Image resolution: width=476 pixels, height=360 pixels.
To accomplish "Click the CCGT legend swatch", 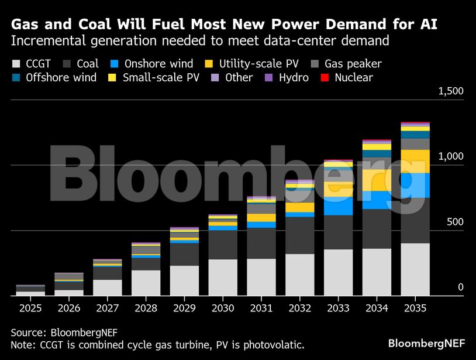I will coord(16,64).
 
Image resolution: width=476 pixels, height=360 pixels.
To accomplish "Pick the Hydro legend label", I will coord(294,78).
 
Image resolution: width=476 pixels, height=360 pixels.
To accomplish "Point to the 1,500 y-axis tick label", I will coord(450,91).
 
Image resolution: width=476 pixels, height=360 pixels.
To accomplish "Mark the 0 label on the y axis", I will coord(460,287).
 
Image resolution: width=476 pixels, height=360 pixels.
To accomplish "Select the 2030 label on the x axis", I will coord(223,307).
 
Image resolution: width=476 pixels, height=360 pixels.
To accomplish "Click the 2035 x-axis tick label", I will coord(415,307).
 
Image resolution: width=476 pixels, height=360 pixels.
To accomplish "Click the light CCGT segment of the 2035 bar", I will coord(415,269).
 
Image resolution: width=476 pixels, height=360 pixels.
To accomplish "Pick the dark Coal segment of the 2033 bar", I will coord(338,232).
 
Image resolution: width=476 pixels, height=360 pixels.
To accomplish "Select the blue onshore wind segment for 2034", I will coord(377,200).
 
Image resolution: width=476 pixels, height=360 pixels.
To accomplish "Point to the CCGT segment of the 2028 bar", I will coord(146,283).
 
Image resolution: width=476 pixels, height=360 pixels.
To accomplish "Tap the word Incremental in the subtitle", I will coord(48,41).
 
